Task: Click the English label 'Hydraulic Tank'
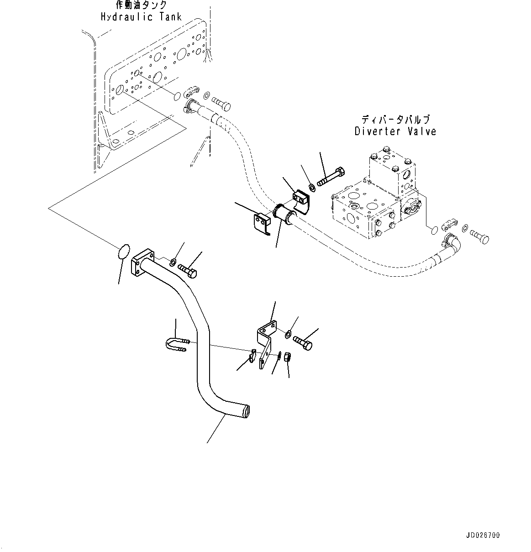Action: click(x=141, y=17)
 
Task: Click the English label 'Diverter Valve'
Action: click(x=395, y=131)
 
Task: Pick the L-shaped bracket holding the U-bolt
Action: click(x=265, y=342)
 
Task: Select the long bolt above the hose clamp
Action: click(x=330, y=177)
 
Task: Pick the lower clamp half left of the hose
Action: click(x=262, y=224)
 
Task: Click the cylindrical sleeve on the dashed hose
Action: click(x=284, y=214)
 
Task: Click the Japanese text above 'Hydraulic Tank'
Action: click(x=141, y=5)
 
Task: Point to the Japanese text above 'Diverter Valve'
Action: click(x=395, y=120)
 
